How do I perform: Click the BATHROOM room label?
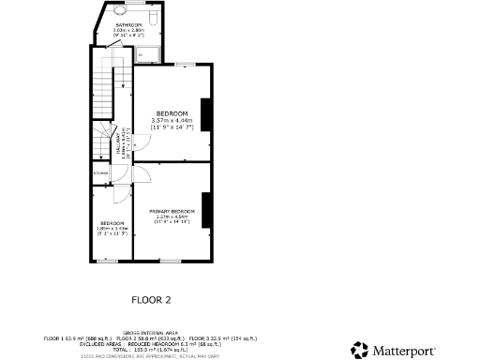127,25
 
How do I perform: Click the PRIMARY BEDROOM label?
172,211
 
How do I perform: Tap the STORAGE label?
101,172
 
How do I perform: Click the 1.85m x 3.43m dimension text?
112,228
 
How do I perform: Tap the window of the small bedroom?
112,260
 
